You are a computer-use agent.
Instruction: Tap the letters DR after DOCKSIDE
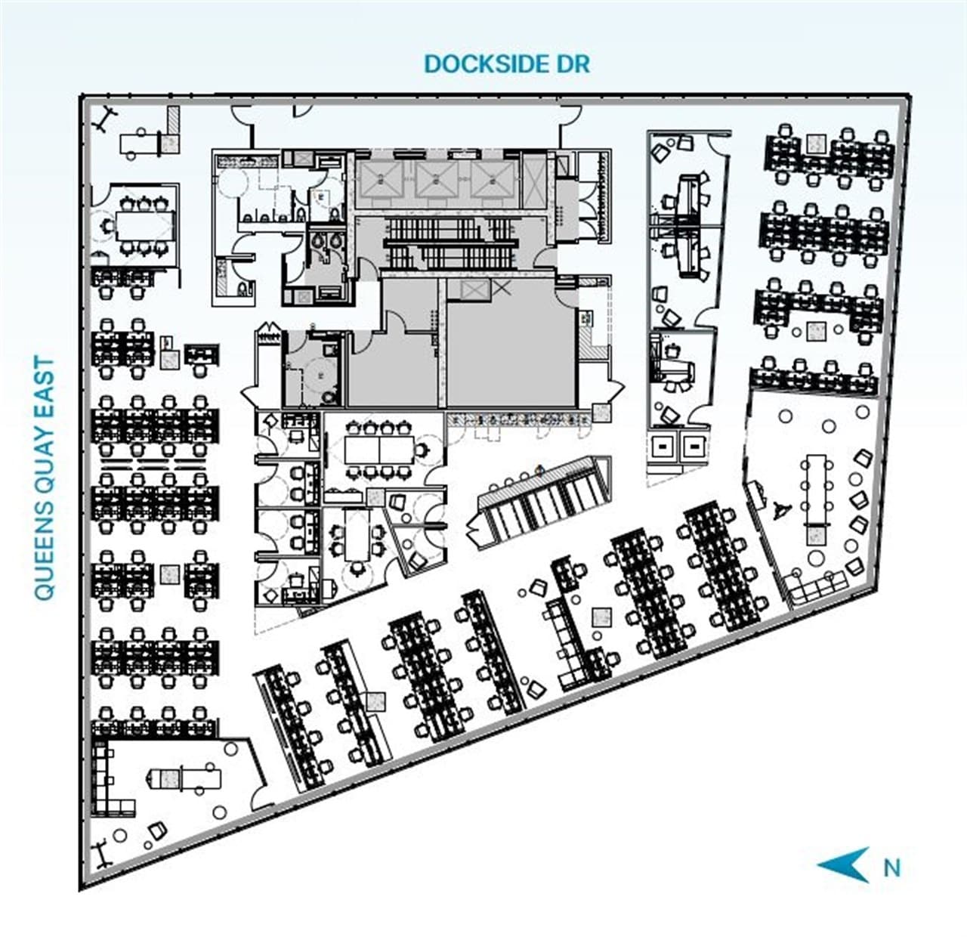tap(573, 63)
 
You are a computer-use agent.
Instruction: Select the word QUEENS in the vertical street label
tap(45, 551)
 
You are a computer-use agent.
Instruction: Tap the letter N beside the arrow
tap(892, 868)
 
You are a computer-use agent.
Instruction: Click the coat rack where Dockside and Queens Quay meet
tap(104, 119)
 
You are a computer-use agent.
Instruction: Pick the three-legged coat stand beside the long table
tap(781, 509)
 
